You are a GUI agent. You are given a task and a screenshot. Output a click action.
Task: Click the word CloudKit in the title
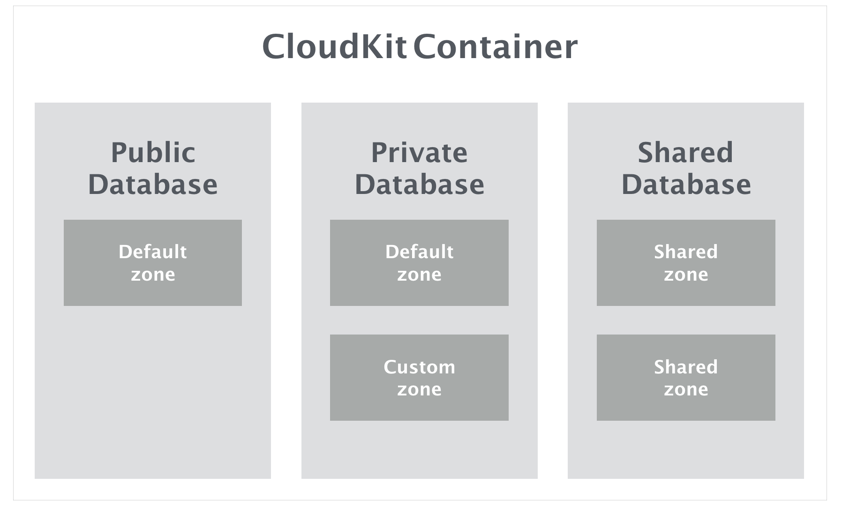[x=334, y=47]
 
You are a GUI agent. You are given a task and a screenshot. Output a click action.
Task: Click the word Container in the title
[x=496, y=47]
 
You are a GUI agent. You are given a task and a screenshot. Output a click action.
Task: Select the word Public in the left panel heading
[x=153, y=153]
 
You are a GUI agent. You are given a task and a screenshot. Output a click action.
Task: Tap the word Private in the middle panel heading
[x=419, y=153]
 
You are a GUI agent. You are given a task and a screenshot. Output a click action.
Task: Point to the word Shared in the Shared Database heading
[x=685, y=153]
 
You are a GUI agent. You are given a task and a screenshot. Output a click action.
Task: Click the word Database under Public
[x=153, y=184]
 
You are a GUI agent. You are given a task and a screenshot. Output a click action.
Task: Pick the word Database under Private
[x=419, y=184]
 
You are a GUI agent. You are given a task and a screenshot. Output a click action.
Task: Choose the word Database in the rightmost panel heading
[x=686, y=184]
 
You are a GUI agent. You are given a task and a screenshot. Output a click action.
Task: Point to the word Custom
[x=419, y=367]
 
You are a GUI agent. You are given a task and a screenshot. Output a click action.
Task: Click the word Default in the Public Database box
[x=153, y=252]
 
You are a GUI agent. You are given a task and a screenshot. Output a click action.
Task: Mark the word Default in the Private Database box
[x=419, y=252]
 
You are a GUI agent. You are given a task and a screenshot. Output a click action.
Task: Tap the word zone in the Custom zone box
[x=419, y=390]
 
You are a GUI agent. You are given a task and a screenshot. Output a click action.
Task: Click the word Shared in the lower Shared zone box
[x=686, y=367]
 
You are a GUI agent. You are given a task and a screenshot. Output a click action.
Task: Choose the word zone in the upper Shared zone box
[x=686, y=275]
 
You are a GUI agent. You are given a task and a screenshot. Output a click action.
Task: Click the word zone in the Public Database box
[x=153, y=275]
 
